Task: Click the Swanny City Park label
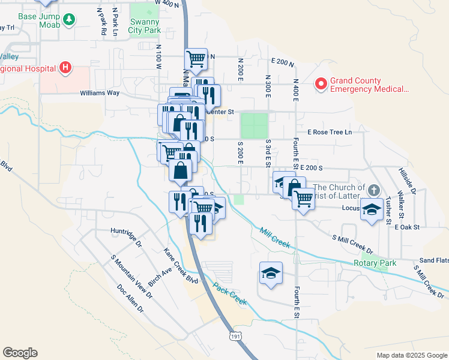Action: point(144,26)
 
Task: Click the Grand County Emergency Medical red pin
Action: point(321,85)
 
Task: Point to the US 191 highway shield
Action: point(235,338)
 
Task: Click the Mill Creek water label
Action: point(275,238)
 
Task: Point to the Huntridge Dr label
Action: point(125,230)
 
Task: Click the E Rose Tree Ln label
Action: point(329,132)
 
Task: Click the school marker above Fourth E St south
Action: point(271,274)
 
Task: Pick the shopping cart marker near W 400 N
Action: point(196,59)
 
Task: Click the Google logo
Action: point(20,353)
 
